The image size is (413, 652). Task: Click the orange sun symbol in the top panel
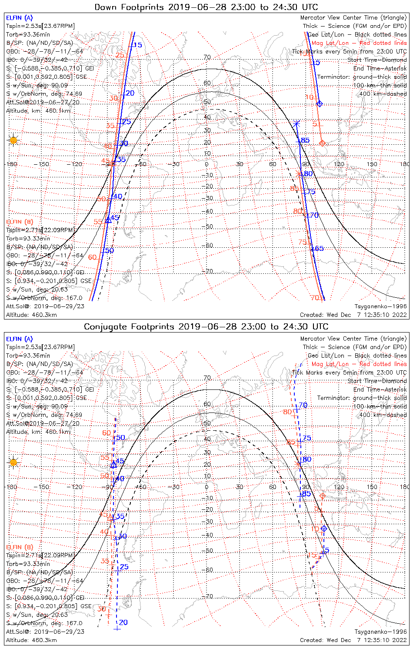13,140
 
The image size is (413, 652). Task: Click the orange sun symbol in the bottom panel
13,462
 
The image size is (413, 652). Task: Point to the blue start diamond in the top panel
320,104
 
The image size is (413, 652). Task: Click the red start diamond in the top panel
322,143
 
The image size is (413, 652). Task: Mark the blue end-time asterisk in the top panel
297,124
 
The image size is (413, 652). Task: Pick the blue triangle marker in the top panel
109,220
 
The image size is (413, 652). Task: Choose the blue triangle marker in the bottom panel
113,465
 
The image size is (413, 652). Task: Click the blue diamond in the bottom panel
324,529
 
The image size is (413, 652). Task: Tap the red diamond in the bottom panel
322,496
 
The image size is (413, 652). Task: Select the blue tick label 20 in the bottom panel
123,622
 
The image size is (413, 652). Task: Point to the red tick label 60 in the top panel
93,257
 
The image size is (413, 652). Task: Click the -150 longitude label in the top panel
44,164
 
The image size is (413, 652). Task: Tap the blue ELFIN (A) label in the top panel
19,18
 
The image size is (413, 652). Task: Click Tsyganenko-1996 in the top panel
380,306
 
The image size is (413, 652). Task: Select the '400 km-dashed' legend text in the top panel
380,94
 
